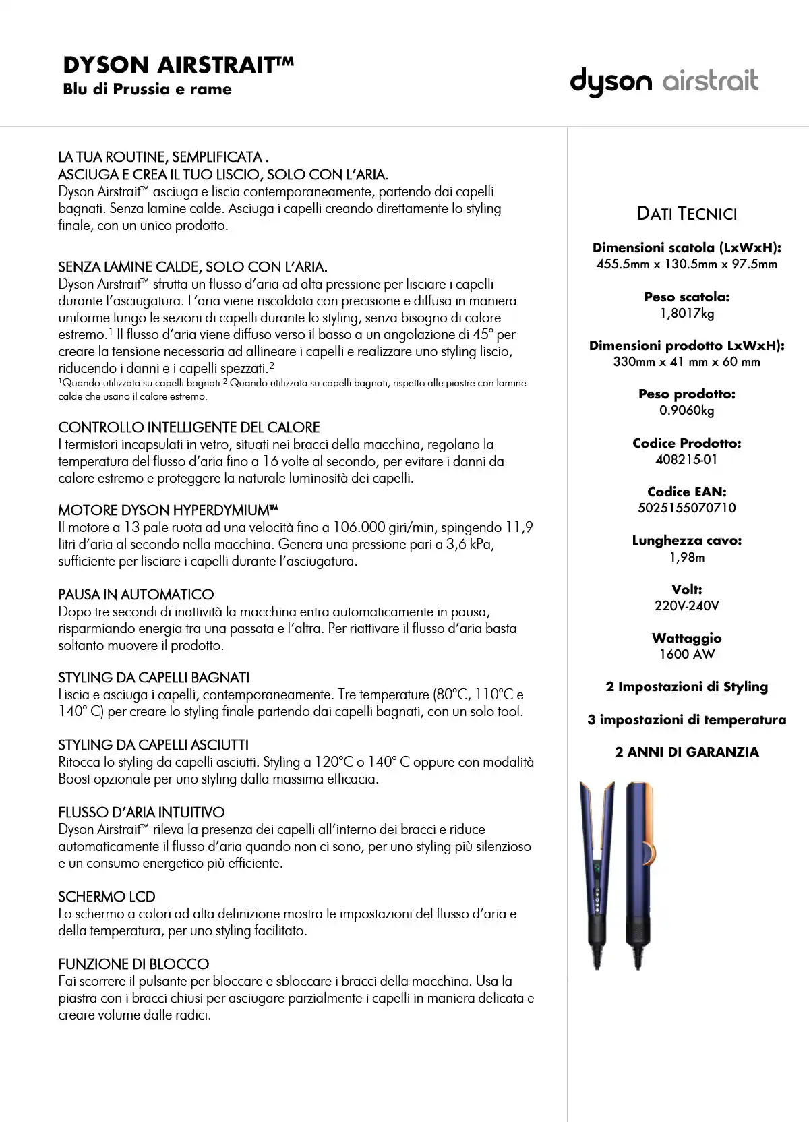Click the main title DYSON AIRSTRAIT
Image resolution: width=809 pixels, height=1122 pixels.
tap(178, 65)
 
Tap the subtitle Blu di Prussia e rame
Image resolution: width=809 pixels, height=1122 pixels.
tap(147, 90)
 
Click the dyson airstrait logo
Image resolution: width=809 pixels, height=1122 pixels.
tap(664, 82)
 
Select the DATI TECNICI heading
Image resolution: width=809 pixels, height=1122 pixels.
tap(686, 214)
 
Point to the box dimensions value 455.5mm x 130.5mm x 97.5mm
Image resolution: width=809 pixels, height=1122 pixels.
tap(686, 264)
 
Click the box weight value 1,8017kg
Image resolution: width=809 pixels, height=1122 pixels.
tap(686, 314)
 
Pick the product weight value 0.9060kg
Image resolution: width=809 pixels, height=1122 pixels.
tap(686, 411)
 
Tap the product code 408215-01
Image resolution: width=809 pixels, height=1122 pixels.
tap(686, 460)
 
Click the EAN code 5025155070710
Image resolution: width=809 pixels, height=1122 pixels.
tap(686, 508)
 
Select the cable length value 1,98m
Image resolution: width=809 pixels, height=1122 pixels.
tap(686, 558)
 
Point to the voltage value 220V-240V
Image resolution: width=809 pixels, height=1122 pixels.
tap(686, 606)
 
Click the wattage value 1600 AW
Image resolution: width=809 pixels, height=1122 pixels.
tap(686, 655)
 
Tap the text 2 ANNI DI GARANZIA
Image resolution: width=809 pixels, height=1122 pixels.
tap(686, 752)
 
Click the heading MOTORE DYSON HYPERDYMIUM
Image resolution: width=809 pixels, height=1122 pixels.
tap(168, 510)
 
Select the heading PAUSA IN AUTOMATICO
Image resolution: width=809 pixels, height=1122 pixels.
tap(136, 595)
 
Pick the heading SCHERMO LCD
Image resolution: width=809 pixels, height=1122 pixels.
tap(107, 897)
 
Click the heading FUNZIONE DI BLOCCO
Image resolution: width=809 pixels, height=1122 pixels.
tap(133, 964)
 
